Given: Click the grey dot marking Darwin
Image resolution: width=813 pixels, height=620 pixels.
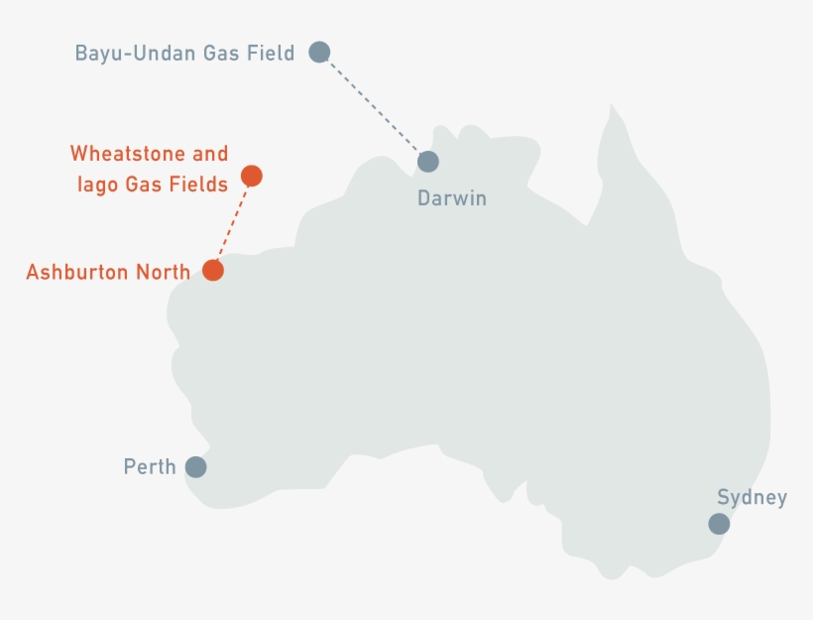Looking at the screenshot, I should [x=427, y=161].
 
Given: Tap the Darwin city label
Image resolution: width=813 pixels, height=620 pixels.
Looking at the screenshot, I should [x=452, y=198].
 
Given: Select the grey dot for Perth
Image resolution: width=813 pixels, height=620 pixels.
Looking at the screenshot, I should [x=195, y=466].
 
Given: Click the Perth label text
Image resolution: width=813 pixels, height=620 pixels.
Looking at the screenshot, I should [x=150, y=466].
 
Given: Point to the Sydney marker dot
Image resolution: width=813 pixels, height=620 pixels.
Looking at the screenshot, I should [x=719, y=524].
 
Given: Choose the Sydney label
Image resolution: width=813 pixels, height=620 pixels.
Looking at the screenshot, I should [x=752, y=498].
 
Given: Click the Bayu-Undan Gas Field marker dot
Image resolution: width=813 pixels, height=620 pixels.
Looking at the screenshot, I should [x=318, y=52].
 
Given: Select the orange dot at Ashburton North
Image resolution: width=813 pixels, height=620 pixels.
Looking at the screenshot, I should [x=212, y=270].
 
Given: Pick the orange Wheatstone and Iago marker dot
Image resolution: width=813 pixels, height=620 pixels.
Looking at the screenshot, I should [x=252, y=176].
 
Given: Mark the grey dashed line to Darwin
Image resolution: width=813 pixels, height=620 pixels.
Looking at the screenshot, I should [x=374, y=107].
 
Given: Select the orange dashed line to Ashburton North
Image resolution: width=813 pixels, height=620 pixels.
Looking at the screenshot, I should [x=232, y=223].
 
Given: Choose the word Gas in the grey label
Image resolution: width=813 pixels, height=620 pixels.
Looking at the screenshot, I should [x=217, y=53].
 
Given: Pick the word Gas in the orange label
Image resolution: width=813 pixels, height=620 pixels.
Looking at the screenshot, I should [x=142, y=184].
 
